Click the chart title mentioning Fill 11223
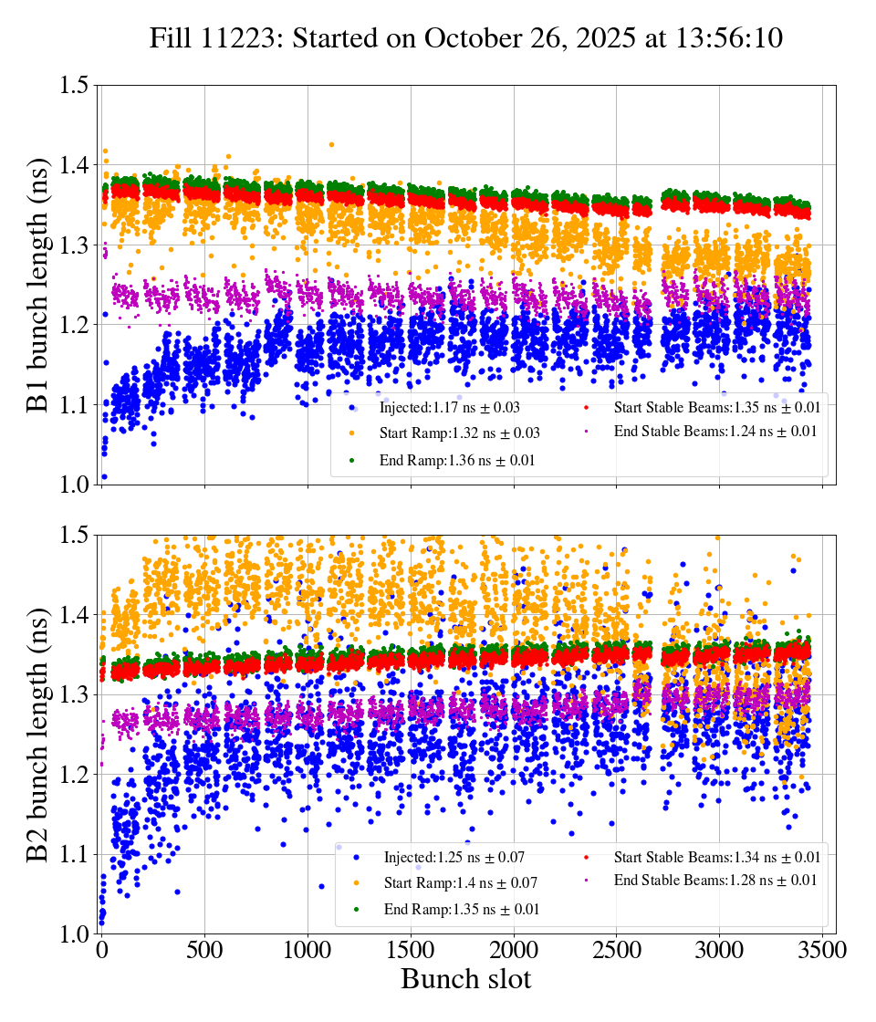(466, 38)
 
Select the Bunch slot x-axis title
(465, 979)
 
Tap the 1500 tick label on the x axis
(411, 950)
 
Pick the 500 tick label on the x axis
(205, 950)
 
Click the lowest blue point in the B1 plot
(104, 476)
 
